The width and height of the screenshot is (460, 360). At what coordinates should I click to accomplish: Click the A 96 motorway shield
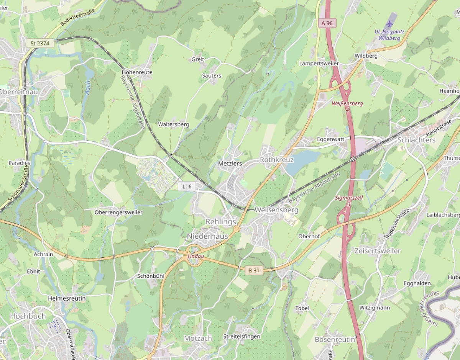point(327,23)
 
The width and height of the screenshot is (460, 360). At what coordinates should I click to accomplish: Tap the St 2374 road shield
point(40,43)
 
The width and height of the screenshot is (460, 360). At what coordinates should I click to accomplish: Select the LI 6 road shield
point(187,186)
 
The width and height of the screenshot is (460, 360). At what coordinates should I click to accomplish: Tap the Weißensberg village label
point(276,210)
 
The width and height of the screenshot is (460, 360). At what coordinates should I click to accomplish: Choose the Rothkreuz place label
point(277,160)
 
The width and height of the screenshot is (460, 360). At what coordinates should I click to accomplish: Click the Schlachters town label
point(416,140)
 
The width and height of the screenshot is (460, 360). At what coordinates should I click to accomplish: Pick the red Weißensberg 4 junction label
point(347,106)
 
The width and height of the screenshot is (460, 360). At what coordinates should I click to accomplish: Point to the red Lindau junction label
point(195,256)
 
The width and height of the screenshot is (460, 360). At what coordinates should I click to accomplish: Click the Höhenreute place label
point(137,72)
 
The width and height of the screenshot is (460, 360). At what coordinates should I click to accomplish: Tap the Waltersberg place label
point(174,124)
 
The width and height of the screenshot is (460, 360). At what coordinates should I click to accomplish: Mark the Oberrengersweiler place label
point(118,212)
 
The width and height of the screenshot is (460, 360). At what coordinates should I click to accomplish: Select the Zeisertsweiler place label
point(377,251)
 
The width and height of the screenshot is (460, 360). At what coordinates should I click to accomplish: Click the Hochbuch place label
point(28,316)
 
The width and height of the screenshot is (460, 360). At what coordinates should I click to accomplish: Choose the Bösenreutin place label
point(334,339)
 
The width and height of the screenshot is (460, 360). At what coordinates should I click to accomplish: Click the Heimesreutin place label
point(67,298)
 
